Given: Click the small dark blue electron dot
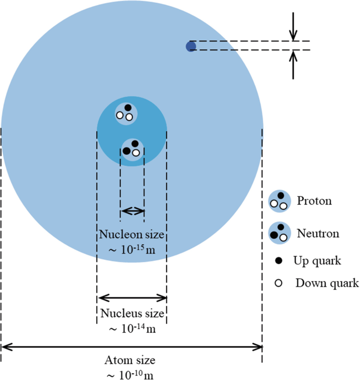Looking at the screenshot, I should tap(191, 47).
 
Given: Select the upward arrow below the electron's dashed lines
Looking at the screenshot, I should tap(294, 65).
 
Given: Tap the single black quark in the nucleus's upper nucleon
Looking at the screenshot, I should tap(128, 108).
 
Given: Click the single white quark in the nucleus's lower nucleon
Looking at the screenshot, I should tap(136, 153).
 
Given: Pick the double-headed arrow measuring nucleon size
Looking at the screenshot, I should tap(132, 211).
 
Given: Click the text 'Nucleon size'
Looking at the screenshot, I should tap(132, 234).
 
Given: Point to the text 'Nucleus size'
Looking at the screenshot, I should tap(132, 314).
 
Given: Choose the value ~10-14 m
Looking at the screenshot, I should tap(132, 329).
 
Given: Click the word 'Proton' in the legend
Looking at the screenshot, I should tap(314, 201).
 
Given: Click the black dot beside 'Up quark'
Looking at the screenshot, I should tap(279, 260).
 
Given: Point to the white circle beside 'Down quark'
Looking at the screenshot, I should tap(279, 283).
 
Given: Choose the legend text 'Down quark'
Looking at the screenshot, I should tap(326, 283).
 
